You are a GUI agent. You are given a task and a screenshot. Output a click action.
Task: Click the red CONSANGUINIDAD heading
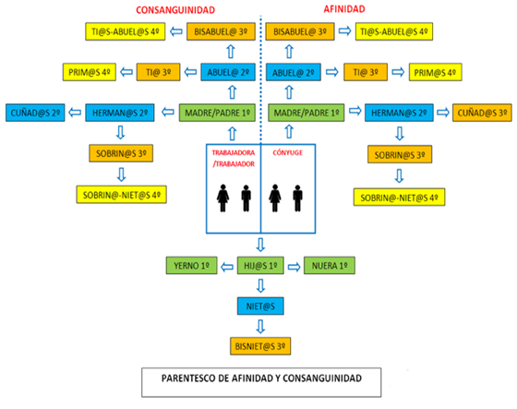[x=175, y=10]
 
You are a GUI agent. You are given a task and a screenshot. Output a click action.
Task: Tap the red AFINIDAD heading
[x=344, y=9]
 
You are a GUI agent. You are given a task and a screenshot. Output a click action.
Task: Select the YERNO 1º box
[x=192, y=266]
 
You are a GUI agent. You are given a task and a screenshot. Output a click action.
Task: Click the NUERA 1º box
[x=330, y=266]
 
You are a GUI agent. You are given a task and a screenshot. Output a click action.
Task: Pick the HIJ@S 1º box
[x=260, y=266]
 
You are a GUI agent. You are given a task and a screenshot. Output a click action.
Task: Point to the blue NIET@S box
[x=260, y=307]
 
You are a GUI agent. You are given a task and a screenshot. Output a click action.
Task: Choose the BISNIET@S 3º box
[x=260, y=346]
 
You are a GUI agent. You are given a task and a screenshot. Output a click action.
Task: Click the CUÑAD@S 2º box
[x=35, y=113]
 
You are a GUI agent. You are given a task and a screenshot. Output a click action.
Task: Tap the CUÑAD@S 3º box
[x=482, y=113]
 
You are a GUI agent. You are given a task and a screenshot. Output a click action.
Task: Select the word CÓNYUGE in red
[x=287, y=152]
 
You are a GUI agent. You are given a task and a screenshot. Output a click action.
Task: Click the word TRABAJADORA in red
[x=234, y=152]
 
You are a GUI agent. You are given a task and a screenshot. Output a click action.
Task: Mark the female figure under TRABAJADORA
[x=222, y=198]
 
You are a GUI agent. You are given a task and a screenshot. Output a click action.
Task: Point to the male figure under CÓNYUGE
[x=297, y=198]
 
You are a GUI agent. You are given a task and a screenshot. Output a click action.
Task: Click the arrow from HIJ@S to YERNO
[x=227, y=267]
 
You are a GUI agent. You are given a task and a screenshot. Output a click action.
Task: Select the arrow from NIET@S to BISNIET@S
[x=260, y=326]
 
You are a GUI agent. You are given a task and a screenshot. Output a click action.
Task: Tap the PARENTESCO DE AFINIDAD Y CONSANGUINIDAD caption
[x=261, y=379]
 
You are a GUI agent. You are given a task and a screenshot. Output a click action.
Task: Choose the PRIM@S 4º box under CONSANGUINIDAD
[x=90, y=72]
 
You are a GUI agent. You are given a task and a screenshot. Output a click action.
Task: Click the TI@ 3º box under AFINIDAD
[x=366, y=72]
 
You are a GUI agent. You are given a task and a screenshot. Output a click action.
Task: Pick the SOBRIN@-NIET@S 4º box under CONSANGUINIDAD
[x=122, y=195]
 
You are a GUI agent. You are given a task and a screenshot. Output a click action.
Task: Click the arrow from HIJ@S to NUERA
[x=295, y=267]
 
